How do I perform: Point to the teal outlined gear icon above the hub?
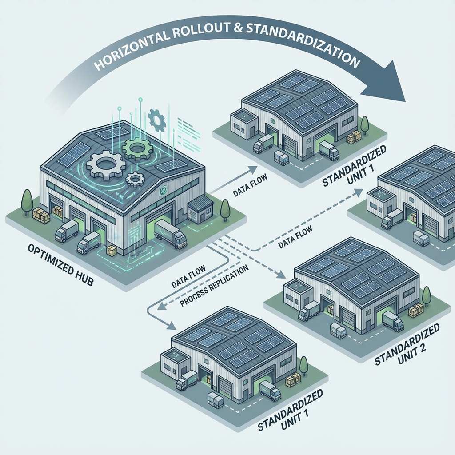(157, 119)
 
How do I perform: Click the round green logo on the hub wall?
(163, 191)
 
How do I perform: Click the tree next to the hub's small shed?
(225, 208)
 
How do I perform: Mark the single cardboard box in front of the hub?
(112, 251)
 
